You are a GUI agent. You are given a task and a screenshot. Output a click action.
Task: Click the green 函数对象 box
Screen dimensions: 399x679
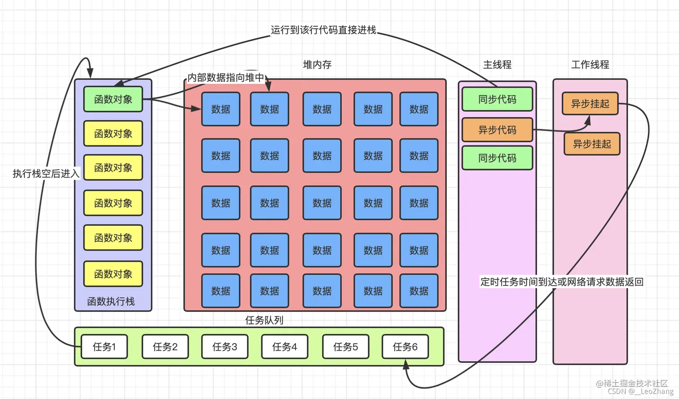point(113,99)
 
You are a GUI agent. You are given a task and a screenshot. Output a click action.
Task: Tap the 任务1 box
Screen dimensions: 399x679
point(104,346)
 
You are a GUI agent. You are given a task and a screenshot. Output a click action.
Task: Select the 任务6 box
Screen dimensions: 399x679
point(405,346)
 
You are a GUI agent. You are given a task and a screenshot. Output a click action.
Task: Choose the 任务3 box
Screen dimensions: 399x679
point(225,346)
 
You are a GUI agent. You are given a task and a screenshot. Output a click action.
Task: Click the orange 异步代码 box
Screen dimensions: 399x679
point(497,130)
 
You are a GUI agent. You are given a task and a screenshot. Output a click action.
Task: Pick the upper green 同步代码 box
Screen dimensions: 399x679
point(497,99)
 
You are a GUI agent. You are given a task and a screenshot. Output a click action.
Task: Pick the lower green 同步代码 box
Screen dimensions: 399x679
point(497,158)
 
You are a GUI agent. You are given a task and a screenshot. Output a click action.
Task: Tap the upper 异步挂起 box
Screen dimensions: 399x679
point(590,104)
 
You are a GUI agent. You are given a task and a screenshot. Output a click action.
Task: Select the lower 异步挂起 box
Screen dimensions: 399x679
point(592,144)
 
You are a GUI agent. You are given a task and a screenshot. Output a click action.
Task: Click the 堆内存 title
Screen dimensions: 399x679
point(317,65)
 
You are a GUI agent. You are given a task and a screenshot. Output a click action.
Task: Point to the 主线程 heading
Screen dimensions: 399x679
point(497,65)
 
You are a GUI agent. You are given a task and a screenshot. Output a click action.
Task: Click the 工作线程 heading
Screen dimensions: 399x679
point(590,65)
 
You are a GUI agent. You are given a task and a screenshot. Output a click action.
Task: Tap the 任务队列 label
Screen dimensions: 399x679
point(264,320)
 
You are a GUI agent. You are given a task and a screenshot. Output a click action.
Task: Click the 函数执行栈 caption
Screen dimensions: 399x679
point(111,301)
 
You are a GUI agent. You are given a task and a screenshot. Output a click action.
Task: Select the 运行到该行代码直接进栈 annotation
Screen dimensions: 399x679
point(323,30)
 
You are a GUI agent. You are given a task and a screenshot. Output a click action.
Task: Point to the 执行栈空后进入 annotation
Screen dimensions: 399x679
point(46,174)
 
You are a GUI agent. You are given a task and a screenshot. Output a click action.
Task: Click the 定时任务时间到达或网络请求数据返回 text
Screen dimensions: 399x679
point(562,282)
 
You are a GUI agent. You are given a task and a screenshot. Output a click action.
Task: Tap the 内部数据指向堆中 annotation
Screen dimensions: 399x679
point(226,78)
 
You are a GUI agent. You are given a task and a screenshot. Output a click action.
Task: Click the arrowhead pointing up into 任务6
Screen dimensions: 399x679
point(406,365)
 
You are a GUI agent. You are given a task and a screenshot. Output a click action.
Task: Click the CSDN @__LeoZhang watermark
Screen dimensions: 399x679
point(640,391)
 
